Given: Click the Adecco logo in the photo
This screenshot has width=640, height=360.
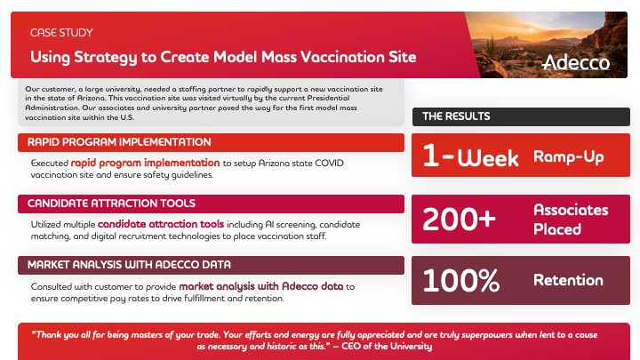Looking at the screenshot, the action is point(576,62).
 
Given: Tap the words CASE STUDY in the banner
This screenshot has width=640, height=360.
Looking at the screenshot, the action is point(61,33).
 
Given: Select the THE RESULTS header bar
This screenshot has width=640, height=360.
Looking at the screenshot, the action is point(521,116).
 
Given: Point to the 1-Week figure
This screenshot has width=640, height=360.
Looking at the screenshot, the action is point(470,156).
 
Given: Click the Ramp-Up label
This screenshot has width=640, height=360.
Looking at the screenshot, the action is point(569,156).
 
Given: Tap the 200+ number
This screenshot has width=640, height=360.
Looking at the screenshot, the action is point(459,220).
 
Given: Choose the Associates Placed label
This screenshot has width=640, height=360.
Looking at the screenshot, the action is point(571,220).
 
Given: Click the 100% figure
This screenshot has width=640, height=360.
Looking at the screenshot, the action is point(460,280).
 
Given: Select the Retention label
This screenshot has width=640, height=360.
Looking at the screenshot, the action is point(568,280).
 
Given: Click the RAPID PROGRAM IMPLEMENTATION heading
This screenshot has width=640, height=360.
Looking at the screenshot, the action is point(119,142).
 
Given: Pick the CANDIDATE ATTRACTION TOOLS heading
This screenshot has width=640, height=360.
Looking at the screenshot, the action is point(111,204).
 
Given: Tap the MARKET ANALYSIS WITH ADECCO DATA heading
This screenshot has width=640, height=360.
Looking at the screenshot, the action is point(129,265).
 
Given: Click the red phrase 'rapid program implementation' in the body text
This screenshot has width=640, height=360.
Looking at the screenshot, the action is point(145,164).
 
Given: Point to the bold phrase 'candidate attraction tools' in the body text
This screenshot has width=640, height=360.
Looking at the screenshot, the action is point(161,224).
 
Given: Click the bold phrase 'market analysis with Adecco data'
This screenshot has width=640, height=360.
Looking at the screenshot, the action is point(261,286).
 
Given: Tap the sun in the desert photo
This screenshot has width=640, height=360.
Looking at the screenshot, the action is point(531,29).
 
